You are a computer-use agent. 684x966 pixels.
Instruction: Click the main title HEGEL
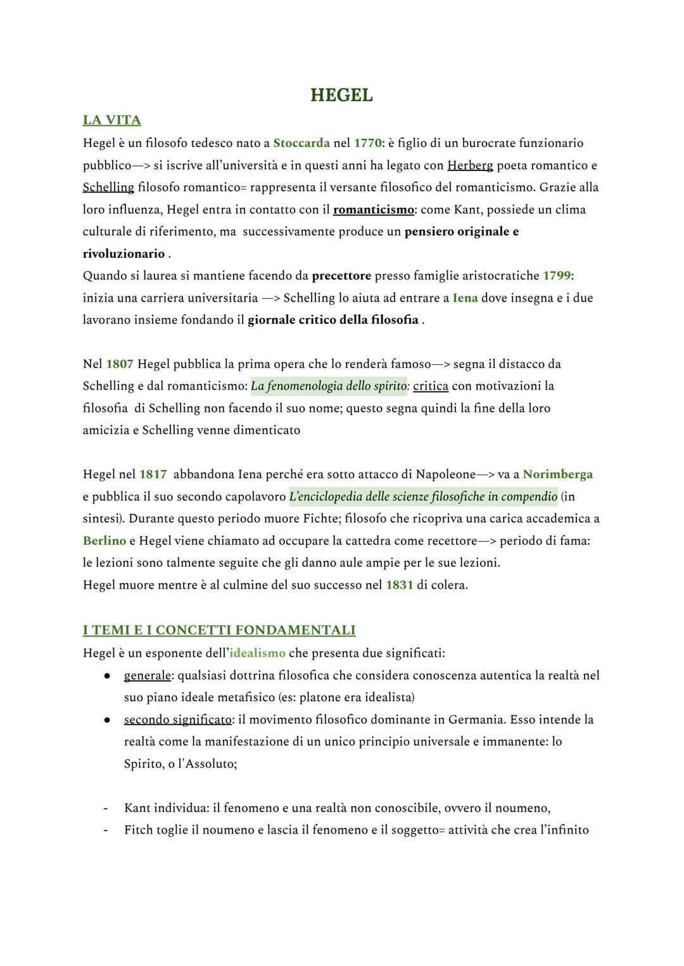click(341, 96)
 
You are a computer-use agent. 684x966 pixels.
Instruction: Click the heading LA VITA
click(111, 120)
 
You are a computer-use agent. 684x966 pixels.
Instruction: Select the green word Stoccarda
click(301, 143)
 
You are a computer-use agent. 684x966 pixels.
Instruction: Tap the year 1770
click(367, 143)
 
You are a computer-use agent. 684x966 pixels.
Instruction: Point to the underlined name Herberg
click(470, 165)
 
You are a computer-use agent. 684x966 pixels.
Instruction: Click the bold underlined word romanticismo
click(373, 210)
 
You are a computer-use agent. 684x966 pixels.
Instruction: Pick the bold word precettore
click(341, 276)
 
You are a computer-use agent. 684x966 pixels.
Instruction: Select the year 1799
click(557, 276)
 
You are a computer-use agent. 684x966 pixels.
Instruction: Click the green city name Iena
click(465, 298)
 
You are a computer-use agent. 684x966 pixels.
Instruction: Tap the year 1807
click(120, 364)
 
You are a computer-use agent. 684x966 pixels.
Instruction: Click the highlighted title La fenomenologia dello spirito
click(329, 386)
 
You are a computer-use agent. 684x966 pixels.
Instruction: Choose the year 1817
click(153, 474)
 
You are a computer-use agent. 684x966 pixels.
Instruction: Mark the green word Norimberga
click(558, 474)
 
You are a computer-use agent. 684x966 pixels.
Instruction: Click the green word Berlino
click(104, 541)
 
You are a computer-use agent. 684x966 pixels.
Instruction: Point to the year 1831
click(399, 585)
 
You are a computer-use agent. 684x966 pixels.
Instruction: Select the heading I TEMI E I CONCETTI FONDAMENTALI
click(219, 630)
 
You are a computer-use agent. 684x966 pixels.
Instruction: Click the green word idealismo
click(257, 653)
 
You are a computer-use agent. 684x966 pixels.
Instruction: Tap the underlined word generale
click(147, 675)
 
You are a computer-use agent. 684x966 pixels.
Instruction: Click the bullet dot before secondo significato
click(108, 720)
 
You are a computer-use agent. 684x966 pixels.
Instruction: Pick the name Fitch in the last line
click(139, 830)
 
